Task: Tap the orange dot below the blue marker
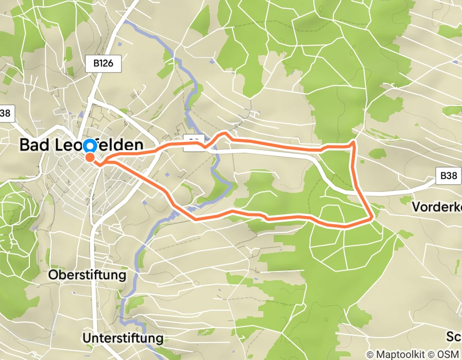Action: (90, 157)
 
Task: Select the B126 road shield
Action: (103, 64)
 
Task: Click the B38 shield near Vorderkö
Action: (448, 176)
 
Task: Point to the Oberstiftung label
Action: (87, 275)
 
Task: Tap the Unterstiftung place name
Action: (122, 338)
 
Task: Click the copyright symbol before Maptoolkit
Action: (370, 354)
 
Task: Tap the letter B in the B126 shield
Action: (95, 64)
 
